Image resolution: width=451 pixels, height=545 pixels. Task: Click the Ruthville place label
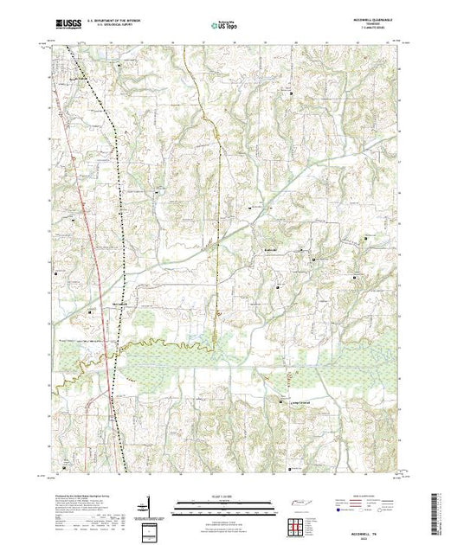coord(271,247)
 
